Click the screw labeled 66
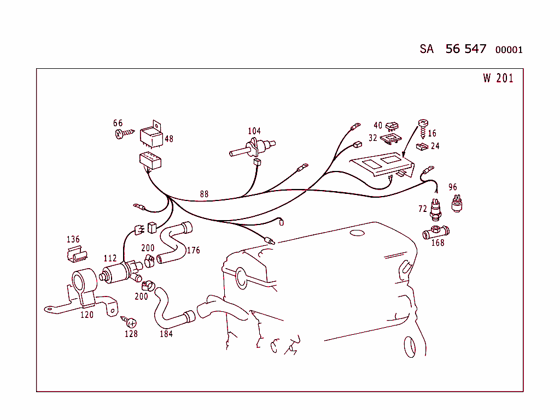(x=125, y=134)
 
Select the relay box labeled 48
(x=151, y=134)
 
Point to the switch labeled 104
(x=252, y=148)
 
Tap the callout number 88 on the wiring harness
(x=204, y=194)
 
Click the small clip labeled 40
(x=392, y=126)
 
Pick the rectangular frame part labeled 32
(x=390, y=139)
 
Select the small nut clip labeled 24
(x=423, y=146)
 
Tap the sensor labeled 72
(x=435, y=210)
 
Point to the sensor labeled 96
(x=457, y=204)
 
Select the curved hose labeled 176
(x=174, y=242)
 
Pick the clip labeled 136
(x=77, y=253)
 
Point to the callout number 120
(x=87, y=315)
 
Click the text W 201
(x=498, y=78)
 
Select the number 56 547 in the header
(x=466, y=49)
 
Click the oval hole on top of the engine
(x=357, y=233)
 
